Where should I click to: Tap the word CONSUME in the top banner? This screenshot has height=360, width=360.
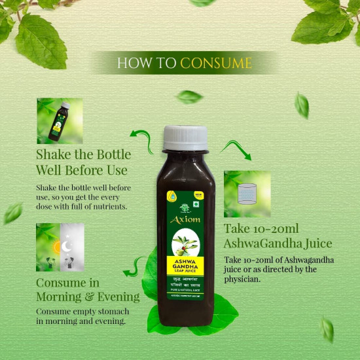(x=215, y=63)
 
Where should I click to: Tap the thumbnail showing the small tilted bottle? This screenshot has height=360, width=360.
(x=60, y=120)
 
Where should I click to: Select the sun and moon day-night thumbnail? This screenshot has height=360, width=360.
(x=60, y=247)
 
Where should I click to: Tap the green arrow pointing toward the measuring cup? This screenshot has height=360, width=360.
(x=236, y=149)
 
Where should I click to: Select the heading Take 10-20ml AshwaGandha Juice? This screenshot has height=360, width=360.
(x=278, y=236)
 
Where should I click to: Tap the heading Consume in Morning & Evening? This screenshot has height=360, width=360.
(x=88, y=289)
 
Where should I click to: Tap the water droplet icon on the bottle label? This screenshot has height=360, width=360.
(x=171, y=195)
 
